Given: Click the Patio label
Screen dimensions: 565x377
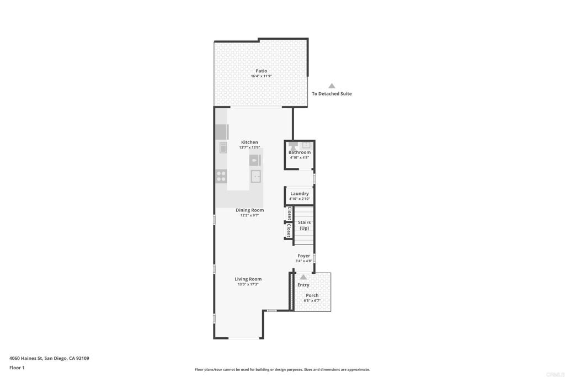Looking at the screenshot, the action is pos(261,71).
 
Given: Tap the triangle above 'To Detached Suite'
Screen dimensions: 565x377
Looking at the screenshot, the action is pos(332,86).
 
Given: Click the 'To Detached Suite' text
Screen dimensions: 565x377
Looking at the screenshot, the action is pos(332,94).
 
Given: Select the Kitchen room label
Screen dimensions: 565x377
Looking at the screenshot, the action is pos(249,142).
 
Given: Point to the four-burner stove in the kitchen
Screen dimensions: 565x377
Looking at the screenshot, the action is pos(221,176).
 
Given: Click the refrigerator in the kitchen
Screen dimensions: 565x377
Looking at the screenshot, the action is pos(222,132).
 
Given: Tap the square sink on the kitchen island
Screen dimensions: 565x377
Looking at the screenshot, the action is pos(256,176).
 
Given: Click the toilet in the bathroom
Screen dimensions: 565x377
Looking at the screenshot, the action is pos(293,146).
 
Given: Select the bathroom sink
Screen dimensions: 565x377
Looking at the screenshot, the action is pos(306,145).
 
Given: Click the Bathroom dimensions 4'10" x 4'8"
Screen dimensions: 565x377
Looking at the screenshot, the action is pos(300,157).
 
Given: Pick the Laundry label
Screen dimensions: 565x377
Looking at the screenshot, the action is pos(300,194).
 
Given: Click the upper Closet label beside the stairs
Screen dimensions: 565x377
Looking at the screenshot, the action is pos(289,214).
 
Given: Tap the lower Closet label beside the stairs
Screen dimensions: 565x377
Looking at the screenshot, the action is pos(289,231).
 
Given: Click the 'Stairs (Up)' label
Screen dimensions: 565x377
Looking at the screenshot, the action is pos(304,225).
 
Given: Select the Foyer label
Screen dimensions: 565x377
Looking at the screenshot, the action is pos(304,256).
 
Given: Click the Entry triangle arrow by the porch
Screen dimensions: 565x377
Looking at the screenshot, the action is pos(303,277).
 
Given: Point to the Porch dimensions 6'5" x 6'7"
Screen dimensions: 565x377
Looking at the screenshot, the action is pos(312,301).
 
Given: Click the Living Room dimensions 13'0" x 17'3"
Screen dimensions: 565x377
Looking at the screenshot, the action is pos(248,284).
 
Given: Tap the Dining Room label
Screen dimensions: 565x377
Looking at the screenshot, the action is pos(250,210).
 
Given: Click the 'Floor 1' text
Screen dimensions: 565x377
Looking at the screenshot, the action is pos(17,368).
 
